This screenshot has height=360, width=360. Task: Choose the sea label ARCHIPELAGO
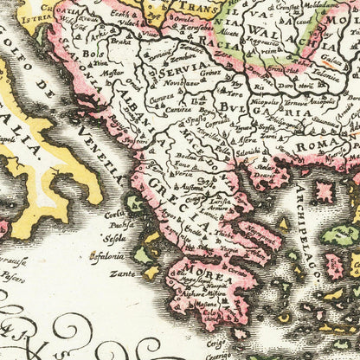(307, 234)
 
